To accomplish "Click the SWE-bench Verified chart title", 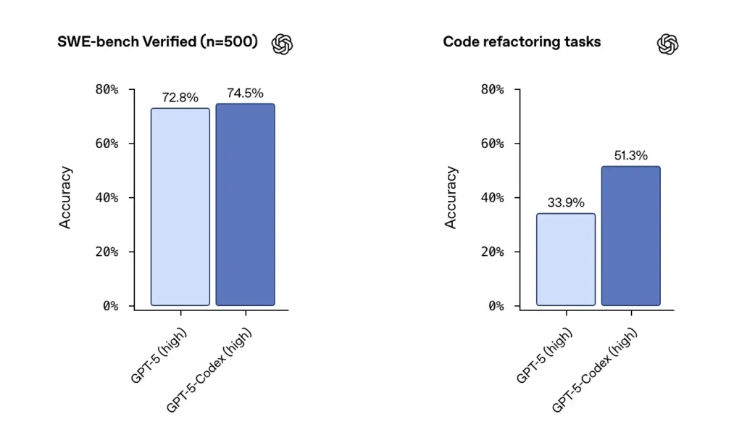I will point(157,42).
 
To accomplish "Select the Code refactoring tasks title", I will point(522,42).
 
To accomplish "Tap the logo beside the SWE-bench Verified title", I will point(282,44).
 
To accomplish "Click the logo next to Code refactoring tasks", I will point(667,44).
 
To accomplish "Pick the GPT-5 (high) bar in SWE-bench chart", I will point(180,207).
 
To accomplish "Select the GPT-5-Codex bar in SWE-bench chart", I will point(245,204).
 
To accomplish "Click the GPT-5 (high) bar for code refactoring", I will point(566,259).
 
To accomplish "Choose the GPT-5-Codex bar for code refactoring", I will point(630,236).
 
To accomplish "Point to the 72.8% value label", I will point(180,98).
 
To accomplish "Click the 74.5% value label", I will point(245,94).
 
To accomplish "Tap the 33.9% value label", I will point(566,203).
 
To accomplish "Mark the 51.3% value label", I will point(630,156).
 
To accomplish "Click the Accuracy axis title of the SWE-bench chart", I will point(66,197).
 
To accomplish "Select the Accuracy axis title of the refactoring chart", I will point(451,197).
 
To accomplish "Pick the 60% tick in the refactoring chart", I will point(492,144).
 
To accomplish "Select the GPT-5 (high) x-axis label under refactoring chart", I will point(545,355).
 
